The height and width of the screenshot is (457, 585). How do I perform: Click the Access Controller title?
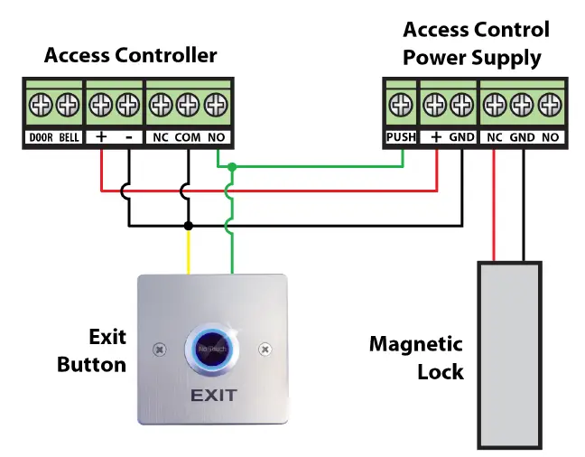pos(131,56)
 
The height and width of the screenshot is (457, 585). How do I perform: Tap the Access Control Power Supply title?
pos(476,43)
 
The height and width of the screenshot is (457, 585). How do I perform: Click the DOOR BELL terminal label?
pos(53,138)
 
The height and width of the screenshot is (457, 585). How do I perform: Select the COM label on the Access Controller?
pos(187,138)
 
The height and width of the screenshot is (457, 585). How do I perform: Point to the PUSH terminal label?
pos(401,138)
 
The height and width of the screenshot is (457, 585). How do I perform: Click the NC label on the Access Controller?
pos(159,138)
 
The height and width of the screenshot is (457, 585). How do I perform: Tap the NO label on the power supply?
pos(550,138)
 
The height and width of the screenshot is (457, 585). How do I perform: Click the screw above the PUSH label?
pos(401,106)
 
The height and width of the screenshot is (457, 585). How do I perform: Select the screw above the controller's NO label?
pos(215,106)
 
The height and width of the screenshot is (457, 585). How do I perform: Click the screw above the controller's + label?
pos(100,106)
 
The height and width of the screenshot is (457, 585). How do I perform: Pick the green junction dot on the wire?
pos(232,167)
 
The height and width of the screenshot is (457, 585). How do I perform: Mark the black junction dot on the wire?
pos(188,225)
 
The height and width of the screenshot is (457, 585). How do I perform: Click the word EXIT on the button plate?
pos(213,396)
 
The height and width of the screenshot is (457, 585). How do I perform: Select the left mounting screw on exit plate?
pos(160,349)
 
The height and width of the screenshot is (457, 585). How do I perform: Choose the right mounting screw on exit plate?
pos(265,349)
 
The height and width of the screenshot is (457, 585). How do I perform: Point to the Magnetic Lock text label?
pos(417,358)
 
